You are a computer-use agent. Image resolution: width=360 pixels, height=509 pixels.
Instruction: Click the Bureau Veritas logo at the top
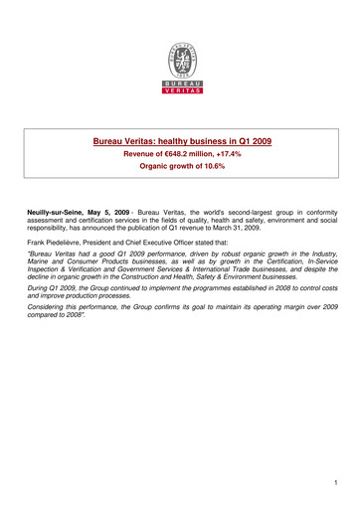coord(180,66)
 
